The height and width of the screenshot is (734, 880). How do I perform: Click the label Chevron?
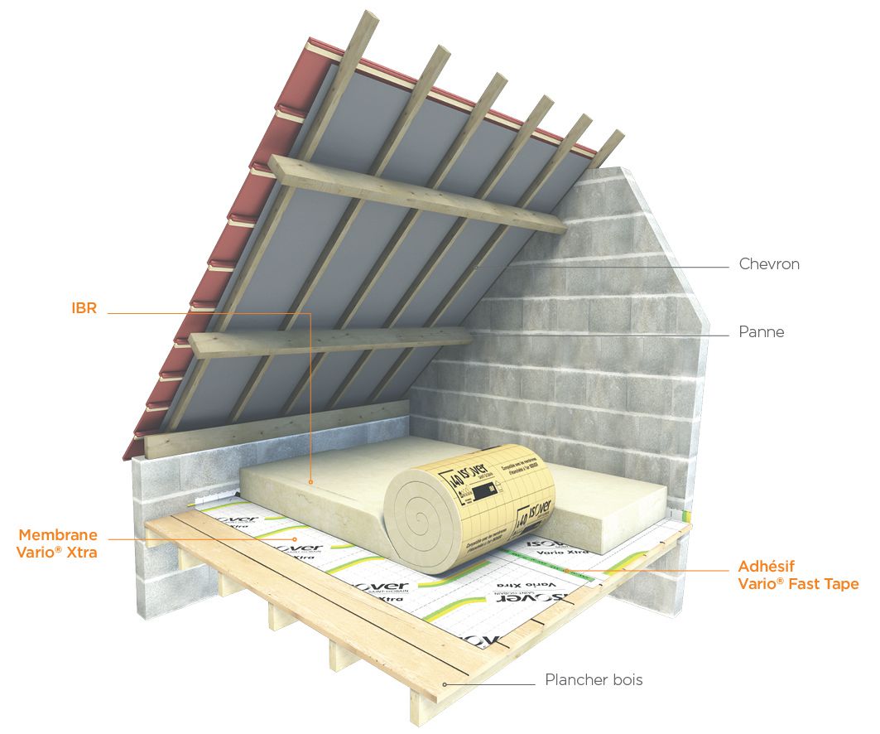click(x=769, y=265)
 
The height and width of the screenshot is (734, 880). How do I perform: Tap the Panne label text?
click(x=761, y=332)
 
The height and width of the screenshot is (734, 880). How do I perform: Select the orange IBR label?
click(x=84, y=308)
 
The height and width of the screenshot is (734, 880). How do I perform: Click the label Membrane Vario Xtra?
click(x=57, y=543)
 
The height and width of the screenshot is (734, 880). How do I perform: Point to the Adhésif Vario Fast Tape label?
click(x=798, y=576)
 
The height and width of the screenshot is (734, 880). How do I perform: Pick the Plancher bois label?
click(x=594, y=680)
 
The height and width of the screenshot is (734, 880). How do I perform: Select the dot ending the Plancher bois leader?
click(x=445, y=684)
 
